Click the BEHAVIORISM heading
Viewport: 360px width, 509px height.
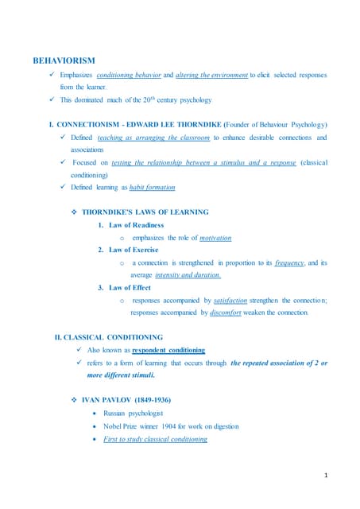(63, 60)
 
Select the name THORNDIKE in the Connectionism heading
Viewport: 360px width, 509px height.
(199, 125)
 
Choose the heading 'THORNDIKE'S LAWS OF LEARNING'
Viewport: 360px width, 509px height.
(145, 212)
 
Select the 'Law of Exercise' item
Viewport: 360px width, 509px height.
(134, 250)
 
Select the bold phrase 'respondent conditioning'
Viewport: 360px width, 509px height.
(168, 350)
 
